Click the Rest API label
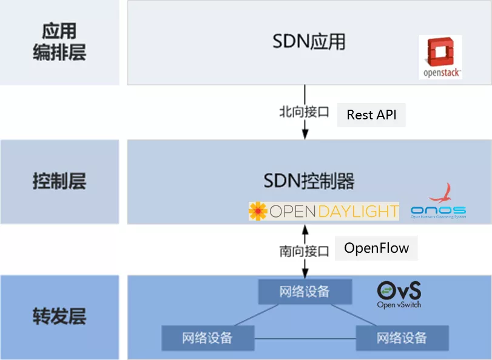371,115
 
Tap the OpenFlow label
376,248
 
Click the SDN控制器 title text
309,181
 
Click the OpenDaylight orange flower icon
258,212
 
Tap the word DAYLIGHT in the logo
360,212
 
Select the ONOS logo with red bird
438,202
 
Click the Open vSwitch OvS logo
399,294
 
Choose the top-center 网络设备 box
305,292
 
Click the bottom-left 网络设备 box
207,338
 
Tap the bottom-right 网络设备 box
402,338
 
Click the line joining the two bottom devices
305,338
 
